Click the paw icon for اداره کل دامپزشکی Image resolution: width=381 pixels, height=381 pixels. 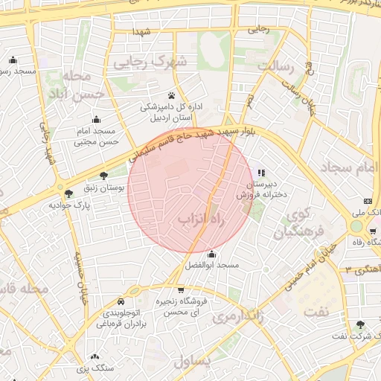click(x=172, y=95)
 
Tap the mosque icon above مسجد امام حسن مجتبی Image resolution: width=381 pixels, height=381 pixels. click(x=96, y=119)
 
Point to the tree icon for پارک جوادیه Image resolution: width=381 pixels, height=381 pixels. click(x=68, y=193)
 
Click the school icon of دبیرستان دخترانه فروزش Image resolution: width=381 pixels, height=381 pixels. click(x=260, y=173)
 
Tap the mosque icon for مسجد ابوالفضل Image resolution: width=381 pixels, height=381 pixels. click(x=212, y=254)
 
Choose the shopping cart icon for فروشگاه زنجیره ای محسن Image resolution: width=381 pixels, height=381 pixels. click(x=180, y=290)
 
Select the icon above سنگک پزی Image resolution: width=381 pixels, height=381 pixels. click(x=95, y=357)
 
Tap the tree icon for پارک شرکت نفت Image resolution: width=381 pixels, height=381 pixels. click(x=361, y=324)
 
